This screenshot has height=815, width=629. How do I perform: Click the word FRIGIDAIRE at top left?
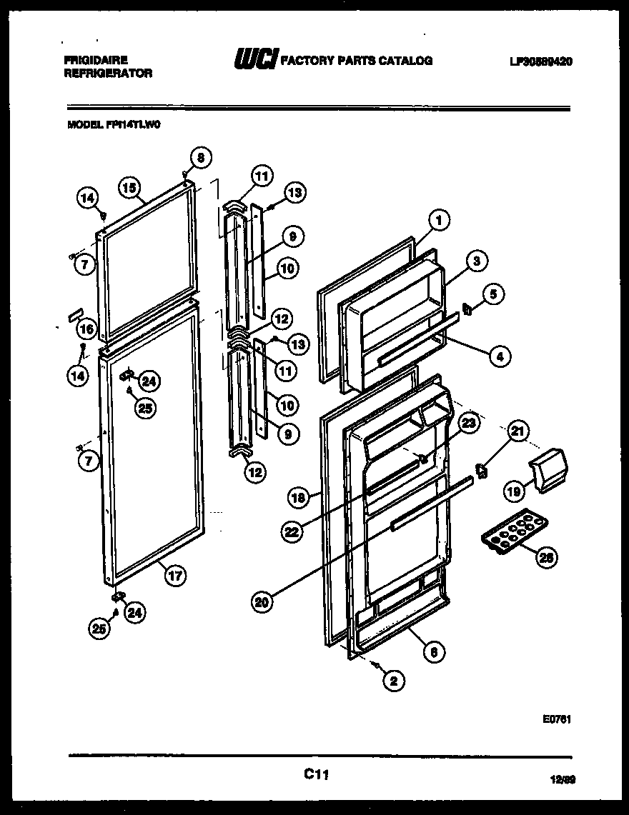click(x=88, y=61)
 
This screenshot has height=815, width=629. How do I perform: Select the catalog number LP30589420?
click(x=541, y=61)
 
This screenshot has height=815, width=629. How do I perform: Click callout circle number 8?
click(x=201, y=159)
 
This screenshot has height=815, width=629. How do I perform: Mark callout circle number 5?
click(x=494, y=294)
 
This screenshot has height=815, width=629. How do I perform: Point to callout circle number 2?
click(x=392, y=681)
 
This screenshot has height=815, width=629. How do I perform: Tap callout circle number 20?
click(x=262, y=602)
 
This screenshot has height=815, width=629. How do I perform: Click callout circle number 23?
click(x=467, y=424)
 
